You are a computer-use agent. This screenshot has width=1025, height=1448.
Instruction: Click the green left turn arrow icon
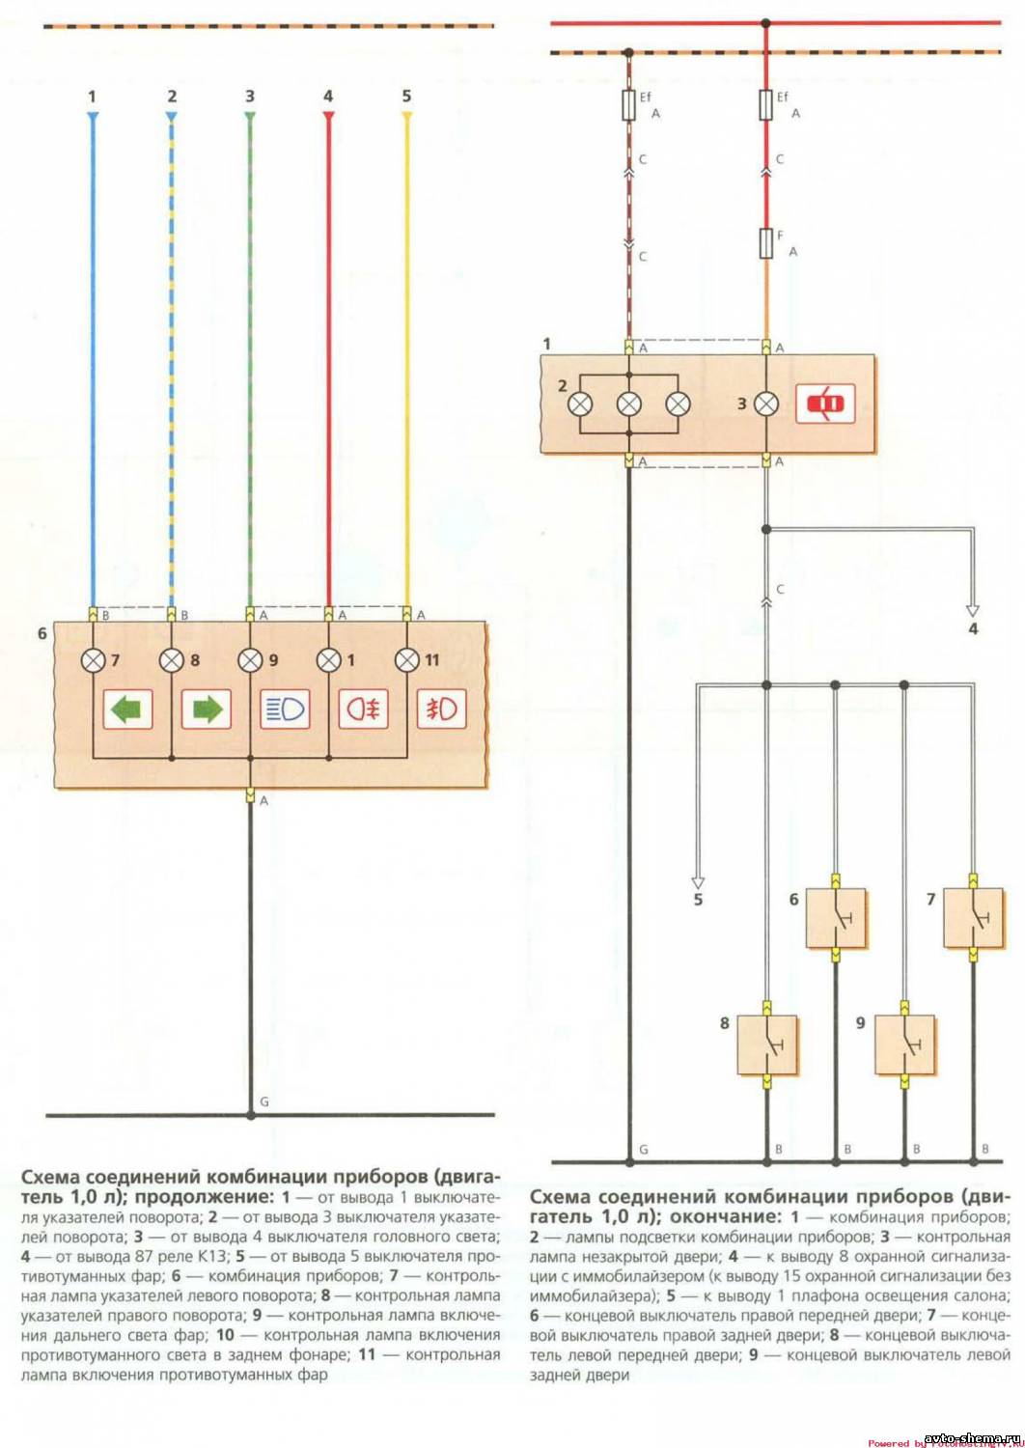[127, 710]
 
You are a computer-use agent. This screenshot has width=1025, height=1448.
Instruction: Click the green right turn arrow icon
[206, 710]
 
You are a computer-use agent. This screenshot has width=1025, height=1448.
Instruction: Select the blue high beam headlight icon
[285, 710]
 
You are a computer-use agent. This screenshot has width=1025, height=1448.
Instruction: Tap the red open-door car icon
[825, 404]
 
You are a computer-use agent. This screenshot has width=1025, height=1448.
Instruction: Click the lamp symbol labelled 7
[93, 660]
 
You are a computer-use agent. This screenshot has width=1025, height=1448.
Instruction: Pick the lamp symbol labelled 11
[406, 660]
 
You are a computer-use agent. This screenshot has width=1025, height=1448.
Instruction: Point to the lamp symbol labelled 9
[250, 660]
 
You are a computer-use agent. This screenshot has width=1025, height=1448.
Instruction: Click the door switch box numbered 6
[836, 918]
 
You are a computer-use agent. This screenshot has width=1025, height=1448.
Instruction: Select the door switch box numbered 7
[973, 918]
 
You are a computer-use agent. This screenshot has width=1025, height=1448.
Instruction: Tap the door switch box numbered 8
[767, 1044]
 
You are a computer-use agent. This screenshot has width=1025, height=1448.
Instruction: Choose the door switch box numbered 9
[904, 1044]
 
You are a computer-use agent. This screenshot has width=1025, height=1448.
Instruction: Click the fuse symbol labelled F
[767, 242]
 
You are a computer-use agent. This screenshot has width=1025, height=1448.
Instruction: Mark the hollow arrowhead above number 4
[973, 610]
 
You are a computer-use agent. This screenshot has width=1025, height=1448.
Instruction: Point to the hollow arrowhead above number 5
[698, 881]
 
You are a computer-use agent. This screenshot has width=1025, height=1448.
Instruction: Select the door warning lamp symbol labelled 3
[767, 404]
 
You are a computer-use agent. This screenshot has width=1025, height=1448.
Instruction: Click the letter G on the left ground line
[264, 1101]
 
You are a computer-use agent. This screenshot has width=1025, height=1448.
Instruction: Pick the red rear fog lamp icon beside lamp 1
[363, 710]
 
